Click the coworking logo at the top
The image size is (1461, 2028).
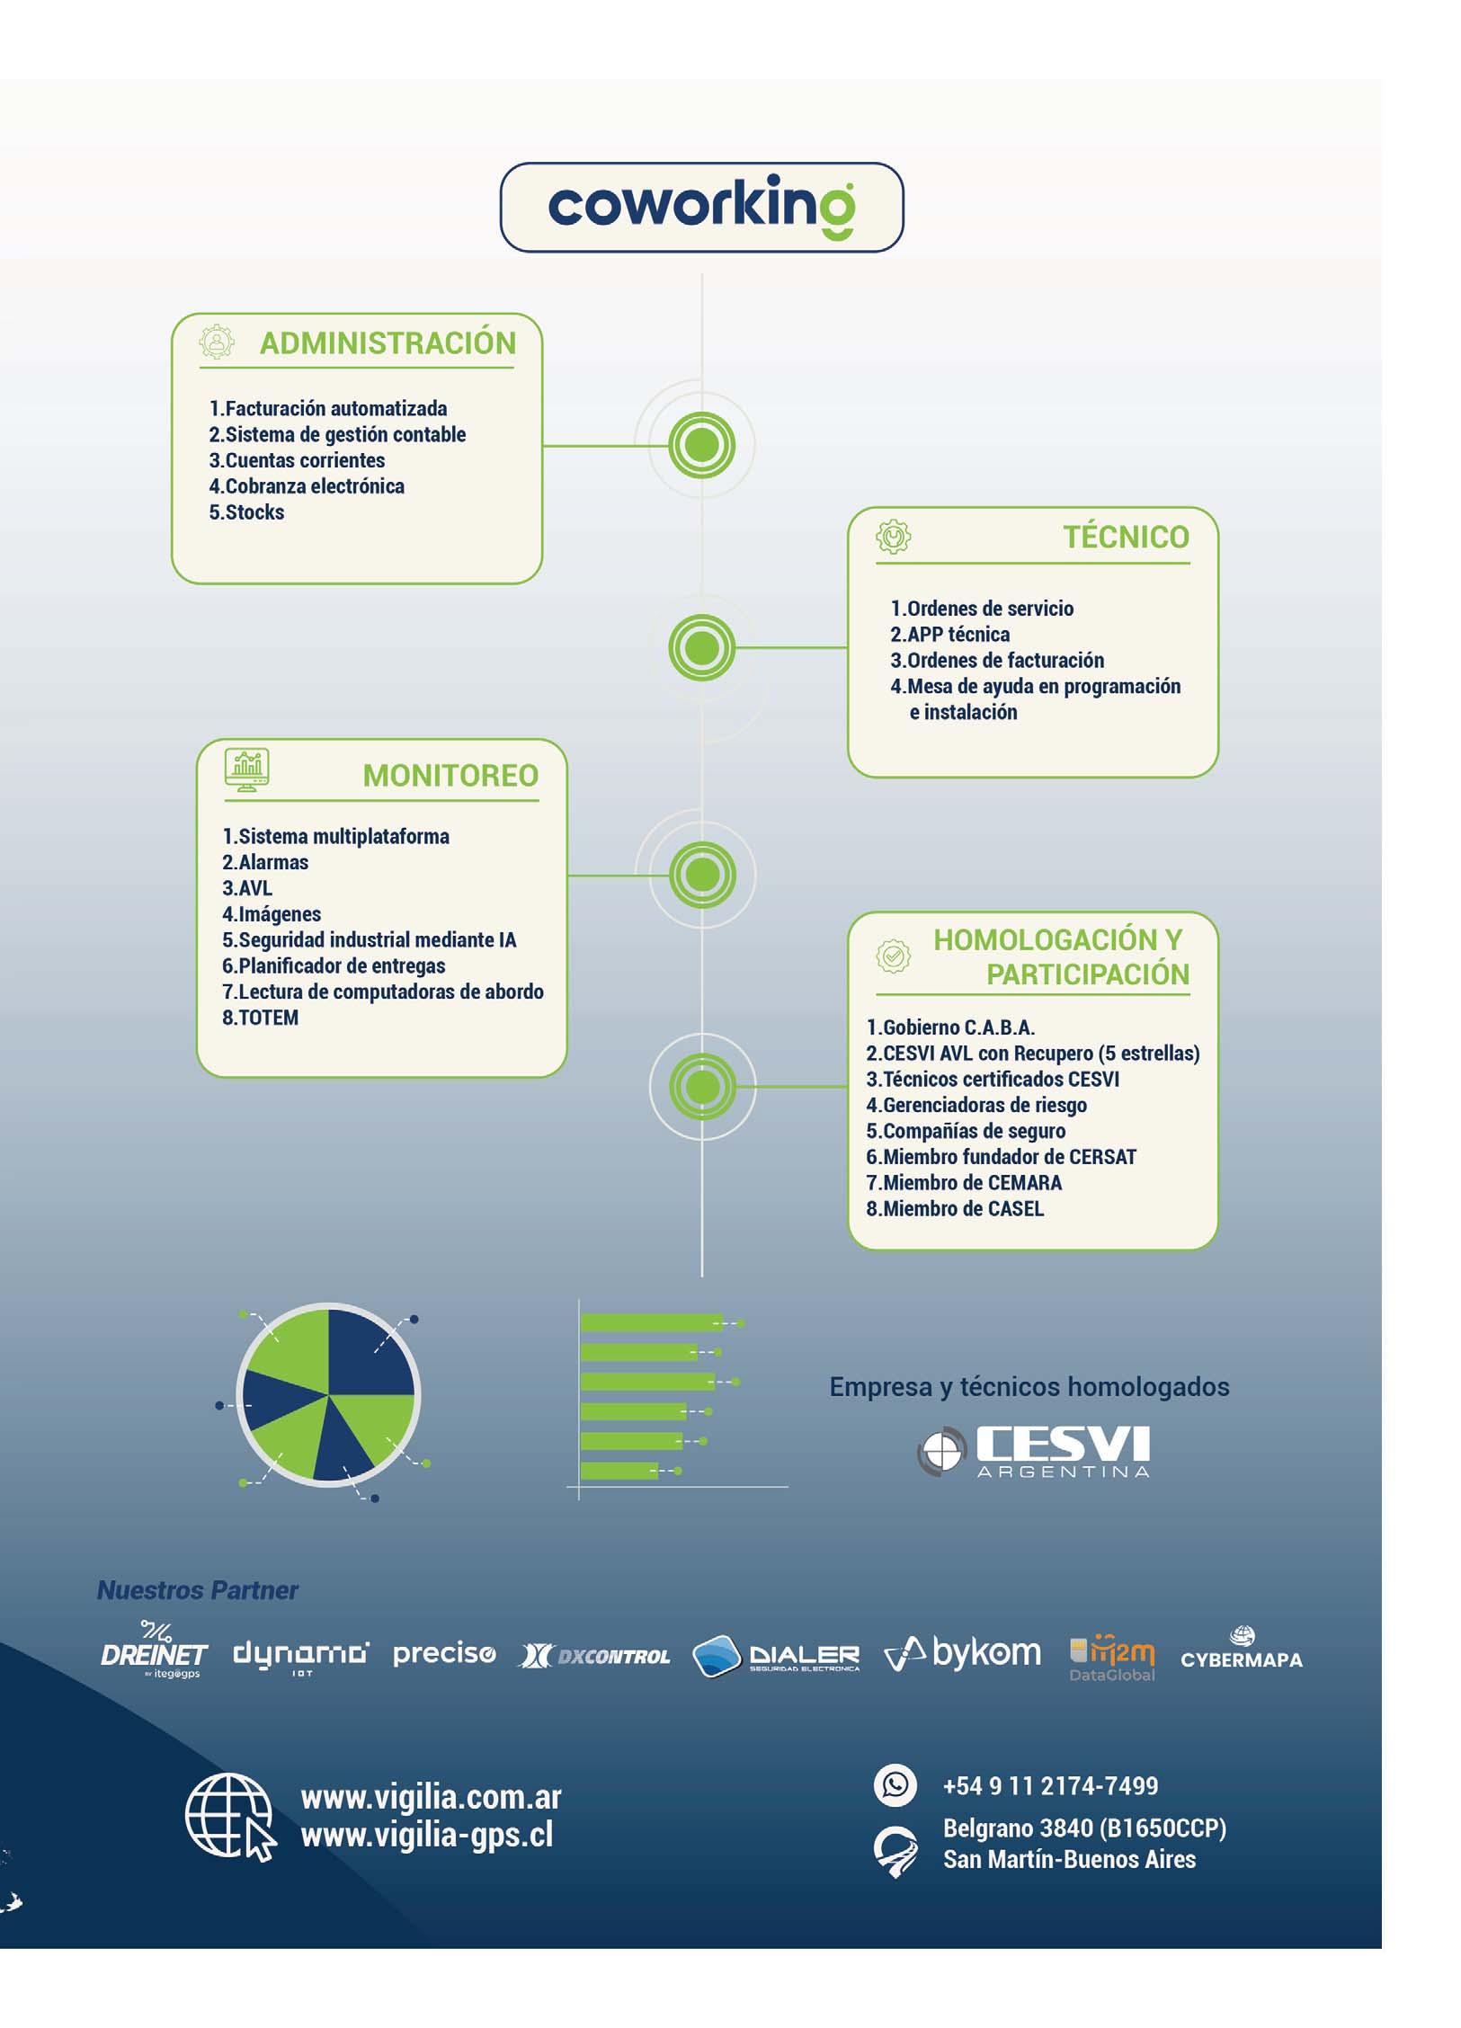pyautogui.click(x=701, y=207)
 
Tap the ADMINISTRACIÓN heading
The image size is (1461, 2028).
pyautogui.click(x=388, y=343)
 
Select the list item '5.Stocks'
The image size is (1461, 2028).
pyautogui.click(x=246, y=512)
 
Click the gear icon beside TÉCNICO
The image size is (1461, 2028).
pyautogui.click(x=893, y=537)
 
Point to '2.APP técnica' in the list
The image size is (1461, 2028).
pyautogui.click(x=949, y=635)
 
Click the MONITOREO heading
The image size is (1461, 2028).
pyautogui.click(x=450, y=775)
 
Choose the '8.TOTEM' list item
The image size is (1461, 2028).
pyautogui.click(x=260, y=1018)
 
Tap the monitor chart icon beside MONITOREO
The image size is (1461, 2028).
pyautogui.click(x=246, y=769)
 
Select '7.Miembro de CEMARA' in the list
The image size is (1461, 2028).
pyautogui.click(x=964, y=1183)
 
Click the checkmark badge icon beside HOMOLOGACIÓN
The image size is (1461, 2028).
pyautogui.click(x=893, y=956)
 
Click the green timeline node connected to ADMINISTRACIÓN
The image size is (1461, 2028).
pyautogui.click(x=701, y=445)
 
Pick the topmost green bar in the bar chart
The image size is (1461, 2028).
pyautogui.click(x=651, y=1322)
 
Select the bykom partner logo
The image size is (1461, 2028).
pyautogui.click(x=962, y=1652)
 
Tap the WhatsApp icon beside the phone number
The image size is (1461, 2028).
pyautogui.click(x=895, y=1784)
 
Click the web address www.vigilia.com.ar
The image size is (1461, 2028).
pyautogui.click(x=431, y=1797)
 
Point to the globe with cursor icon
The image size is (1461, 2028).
pyautogui.click(x=229, y=1817)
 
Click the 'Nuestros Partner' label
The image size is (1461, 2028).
pyautogui.click(x=197, y=1590)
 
